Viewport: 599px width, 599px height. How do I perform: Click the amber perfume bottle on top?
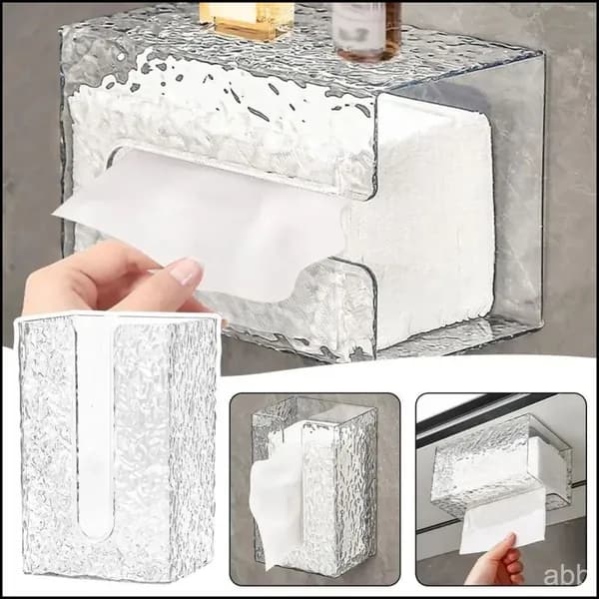point(247,20)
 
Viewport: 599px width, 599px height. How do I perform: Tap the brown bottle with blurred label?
point(366,31)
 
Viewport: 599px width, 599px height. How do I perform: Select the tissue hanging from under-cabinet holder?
point(501,521)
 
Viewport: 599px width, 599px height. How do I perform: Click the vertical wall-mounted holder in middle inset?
point(313,485)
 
